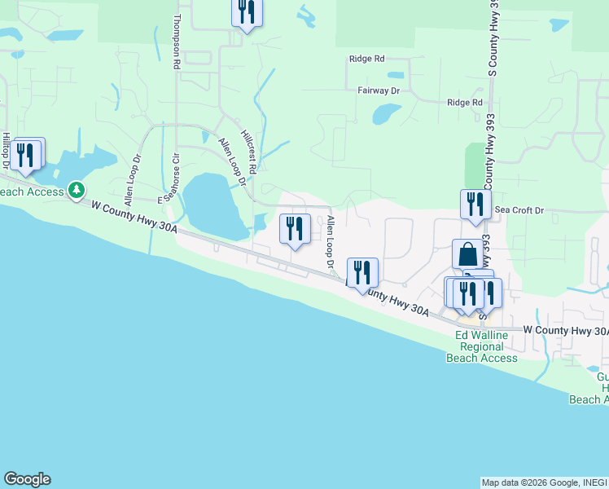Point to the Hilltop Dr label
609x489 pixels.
(x=6, y=152)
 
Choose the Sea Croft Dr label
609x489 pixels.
(x=519, y=210)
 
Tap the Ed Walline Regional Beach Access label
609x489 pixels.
(x=486, y=346)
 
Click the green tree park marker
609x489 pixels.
(x=77, y=190)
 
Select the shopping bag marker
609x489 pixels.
(x=469, y=254)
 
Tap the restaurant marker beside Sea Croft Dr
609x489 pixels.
(x=475, y=205)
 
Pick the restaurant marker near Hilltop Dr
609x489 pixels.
(x=27, y=154)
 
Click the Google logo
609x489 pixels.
(x=27, y=479)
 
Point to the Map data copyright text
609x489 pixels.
(x=544, y=482)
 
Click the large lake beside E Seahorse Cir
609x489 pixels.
(x=211, y=204)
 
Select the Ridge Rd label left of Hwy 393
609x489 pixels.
(x=366, y=59)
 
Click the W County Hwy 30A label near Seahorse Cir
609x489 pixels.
(x=134, y=219)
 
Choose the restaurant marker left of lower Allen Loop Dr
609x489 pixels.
(x=295, y=229)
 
